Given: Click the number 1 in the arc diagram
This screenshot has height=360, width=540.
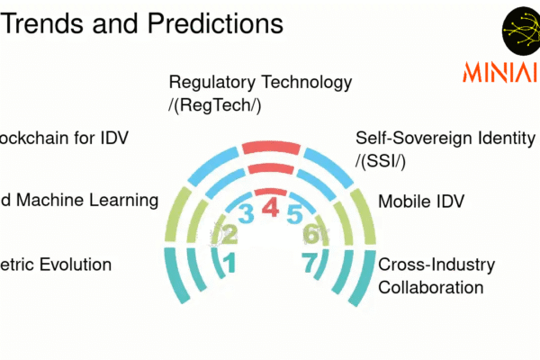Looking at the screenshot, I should pos(229,264).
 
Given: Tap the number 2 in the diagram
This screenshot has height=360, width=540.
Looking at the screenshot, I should pos(229,236).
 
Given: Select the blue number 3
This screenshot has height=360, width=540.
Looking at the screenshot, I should pos(246,214).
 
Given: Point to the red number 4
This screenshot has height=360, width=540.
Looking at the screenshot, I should pos(270,209).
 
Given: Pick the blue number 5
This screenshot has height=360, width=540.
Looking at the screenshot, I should pos(294,214).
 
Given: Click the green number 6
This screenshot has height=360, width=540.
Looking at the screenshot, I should pos(310,235).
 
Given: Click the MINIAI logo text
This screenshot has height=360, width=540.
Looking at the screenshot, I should pos(498,70).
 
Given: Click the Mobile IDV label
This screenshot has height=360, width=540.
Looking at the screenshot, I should pos(420,201).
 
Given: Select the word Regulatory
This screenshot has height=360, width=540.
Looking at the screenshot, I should pos(213,83).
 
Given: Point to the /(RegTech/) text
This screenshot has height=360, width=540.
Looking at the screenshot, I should pos(217,105).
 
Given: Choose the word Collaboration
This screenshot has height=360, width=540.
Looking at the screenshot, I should pos(430,287).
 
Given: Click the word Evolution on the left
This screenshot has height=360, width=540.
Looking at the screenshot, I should pos(76,265).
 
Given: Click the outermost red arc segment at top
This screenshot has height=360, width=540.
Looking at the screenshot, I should pos(269,147).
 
